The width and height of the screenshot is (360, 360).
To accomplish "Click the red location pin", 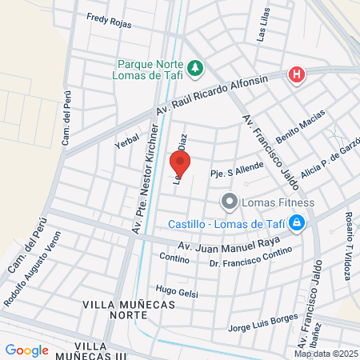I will [x=180, y=165].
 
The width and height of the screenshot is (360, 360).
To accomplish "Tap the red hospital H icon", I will [x=297, y=75].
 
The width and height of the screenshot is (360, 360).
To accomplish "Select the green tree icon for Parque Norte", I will [x=195, y=67].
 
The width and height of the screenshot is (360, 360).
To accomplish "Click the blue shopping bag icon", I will [x=297, y=222].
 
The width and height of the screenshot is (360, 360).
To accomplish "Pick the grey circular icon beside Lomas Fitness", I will [x=229, y=202].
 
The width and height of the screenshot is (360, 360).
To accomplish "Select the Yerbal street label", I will [x=126, y=142].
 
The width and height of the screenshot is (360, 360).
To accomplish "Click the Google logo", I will [x=27, y=350].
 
